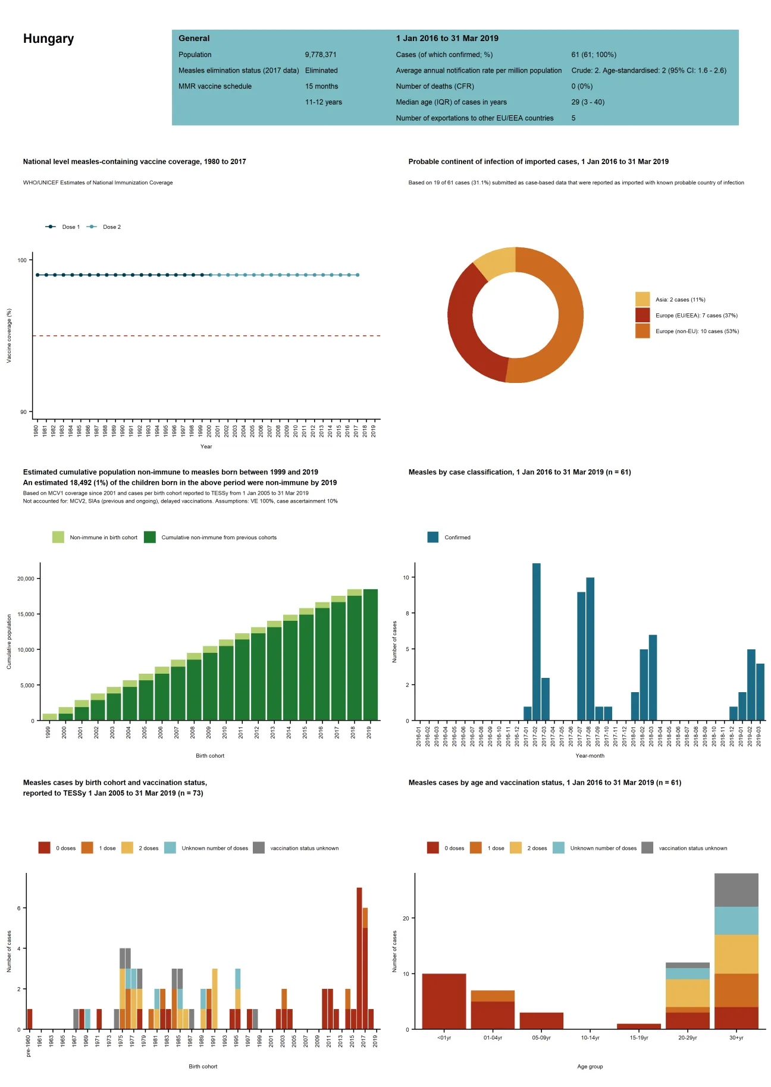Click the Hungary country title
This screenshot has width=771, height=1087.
point(48,39)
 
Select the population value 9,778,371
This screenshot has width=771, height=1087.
point(321,55)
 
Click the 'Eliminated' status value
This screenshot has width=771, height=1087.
point(321,71)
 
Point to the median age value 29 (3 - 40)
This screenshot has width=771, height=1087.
point(588,102)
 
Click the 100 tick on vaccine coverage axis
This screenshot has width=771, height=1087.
point(22,260)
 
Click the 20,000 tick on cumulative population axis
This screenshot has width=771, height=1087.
point(26,579)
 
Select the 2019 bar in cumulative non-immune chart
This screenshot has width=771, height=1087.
point(370,654)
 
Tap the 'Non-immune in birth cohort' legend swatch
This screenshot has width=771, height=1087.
point(58,538)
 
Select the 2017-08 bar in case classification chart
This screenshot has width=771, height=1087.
point(590,648)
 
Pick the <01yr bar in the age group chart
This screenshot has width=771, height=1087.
point(444,1001)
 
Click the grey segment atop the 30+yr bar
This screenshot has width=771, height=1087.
point(736,890)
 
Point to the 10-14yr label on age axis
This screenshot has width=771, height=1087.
point(590,1038)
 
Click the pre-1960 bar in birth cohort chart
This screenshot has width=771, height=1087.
point(30,1019)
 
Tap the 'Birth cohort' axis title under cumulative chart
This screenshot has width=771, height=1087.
point(210,756)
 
